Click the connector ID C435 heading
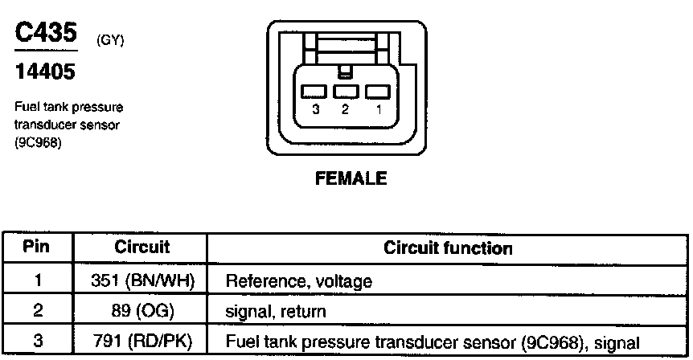[x=47, y=33]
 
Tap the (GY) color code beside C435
[x=109, y=39]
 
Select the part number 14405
[x=45, y=73]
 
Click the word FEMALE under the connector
[x=351, y=178]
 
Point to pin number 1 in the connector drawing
[x=377, y=109]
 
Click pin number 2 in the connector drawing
[x=345, y=109]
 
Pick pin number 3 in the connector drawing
[x=317, y=109]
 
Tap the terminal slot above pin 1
[x=375, y=92]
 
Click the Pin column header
[x=37, y=247]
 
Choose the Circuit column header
[x=141, y=247]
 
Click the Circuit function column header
[x=448, y=247]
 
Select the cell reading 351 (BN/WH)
[x=141, y=281]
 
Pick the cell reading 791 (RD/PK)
[x=141, y=342]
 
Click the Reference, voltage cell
[x=299, y=281]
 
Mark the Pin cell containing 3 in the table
[x=38, y=341]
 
